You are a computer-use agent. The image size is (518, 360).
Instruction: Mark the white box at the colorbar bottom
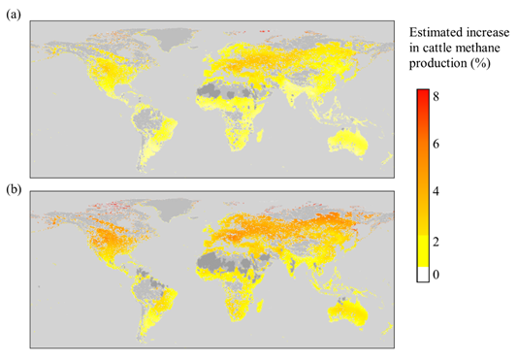[x=424, y=276]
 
